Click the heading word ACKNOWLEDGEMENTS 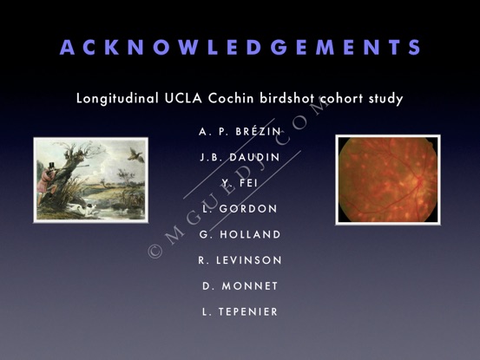pyautogui.click(x=240, y=47)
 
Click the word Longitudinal pyautogui.click(x=117, y=99)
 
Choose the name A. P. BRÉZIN pyautogui.click(x=240, y=131)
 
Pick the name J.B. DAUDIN pyautogui.click(x=240, y=157)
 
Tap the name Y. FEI pyautogui.click(x=240, y=183)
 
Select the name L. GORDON pyautogui.click(x=240, y=208)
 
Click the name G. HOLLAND pyautogui.click(x=240, y=234)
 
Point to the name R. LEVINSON pyautogui.click(x=240, y=260)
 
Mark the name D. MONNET pyautogui.click(x=240, y=286)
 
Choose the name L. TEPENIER pyautogui.click(x=240, y=311)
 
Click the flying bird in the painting pyautogui.click(x=135, y=154)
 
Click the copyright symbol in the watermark pyautogui.click(x=155, y=251)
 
